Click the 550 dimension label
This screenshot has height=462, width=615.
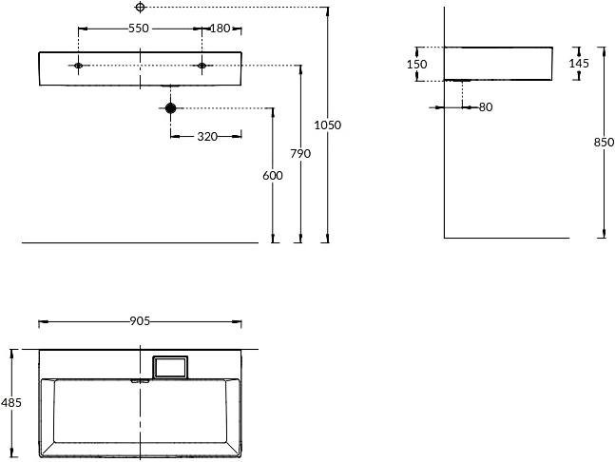(139, 29)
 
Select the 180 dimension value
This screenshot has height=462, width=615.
(220, 29)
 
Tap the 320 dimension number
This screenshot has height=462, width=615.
(206, 136)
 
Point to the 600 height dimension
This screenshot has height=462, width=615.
(273, 175)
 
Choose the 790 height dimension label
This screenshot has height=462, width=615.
(300, 153)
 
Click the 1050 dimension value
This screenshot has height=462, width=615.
(327, 125)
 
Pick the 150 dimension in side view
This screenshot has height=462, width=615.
(415, 64)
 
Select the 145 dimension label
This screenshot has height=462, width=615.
(578, 64)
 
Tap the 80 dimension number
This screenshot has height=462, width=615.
(486, 107)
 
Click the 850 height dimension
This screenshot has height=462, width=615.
(603, 143)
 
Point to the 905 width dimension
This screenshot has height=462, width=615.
(140, 321)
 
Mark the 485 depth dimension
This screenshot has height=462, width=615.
(10, 403)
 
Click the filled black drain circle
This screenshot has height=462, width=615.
(170, 108)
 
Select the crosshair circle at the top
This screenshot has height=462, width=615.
(140, 7)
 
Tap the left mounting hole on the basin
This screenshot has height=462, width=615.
(79, 66)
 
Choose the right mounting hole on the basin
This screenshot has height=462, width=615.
(202, 66)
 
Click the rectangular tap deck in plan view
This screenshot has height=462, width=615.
(171, 367)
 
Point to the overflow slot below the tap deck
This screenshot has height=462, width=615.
(140, 381)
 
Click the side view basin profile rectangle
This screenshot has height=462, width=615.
(499, 64)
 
